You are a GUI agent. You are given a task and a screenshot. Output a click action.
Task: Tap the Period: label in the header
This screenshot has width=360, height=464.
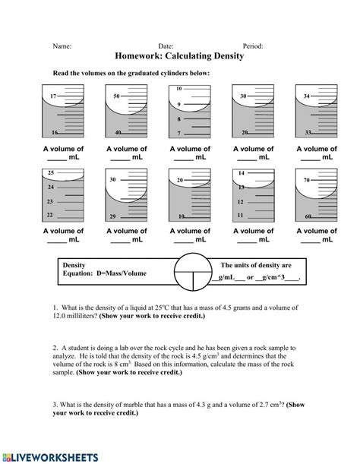[252, 45]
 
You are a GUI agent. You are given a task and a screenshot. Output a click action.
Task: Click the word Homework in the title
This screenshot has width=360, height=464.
[144, 56]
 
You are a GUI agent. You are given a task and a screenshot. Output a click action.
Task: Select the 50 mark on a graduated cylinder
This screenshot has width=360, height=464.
[116, 96]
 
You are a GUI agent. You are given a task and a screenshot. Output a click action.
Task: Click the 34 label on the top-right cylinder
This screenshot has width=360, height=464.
[306, 96]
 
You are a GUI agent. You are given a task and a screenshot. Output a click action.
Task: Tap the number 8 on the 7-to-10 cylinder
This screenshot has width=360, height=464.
[179, 119]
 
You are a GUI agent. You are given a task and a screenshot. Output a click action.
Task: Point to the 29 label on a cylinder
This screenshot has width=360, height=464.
[112, 216]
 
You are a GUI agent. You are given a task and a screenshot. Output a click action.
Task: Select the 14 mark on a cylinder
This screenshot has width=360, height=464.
[240, 174]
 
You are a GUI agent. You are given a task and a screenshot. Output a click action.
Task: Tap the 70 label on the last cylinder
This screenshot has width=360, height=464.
[306, 180]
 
